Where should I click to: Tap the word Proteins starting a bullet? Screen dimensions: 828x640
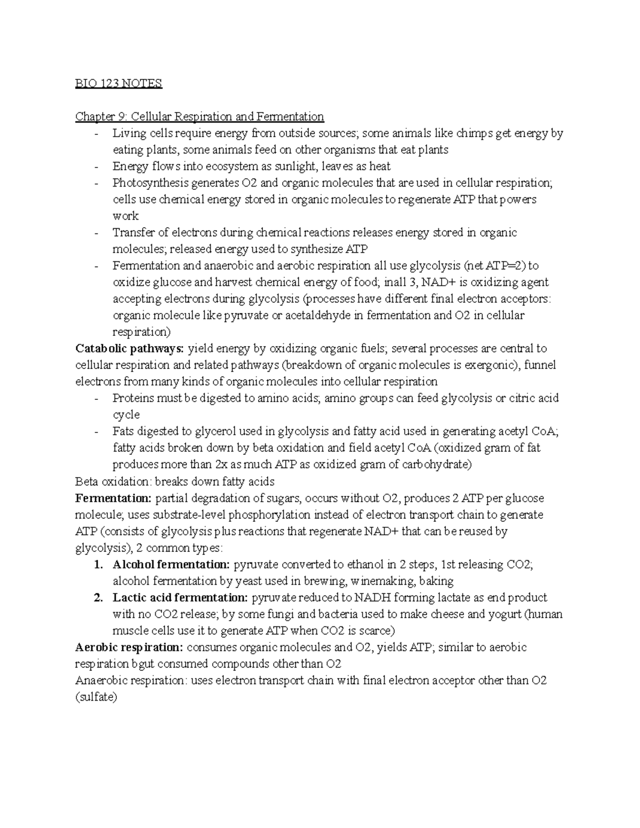(132, 398)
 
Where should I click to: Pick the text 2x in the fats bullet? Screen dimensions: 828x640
(222, 464)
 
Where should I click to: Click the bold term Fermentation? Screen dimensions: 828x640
(114, 498)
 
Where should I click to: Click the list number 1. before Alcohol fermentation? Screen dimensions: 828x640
(98, 565)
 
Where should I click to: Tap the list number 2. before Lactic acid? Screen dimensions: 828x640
(98, 598)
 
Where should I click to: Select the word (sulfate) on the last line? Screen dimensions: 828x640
(96, 697)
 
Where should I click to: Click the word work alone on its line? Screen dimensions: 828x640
(125, 216)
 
